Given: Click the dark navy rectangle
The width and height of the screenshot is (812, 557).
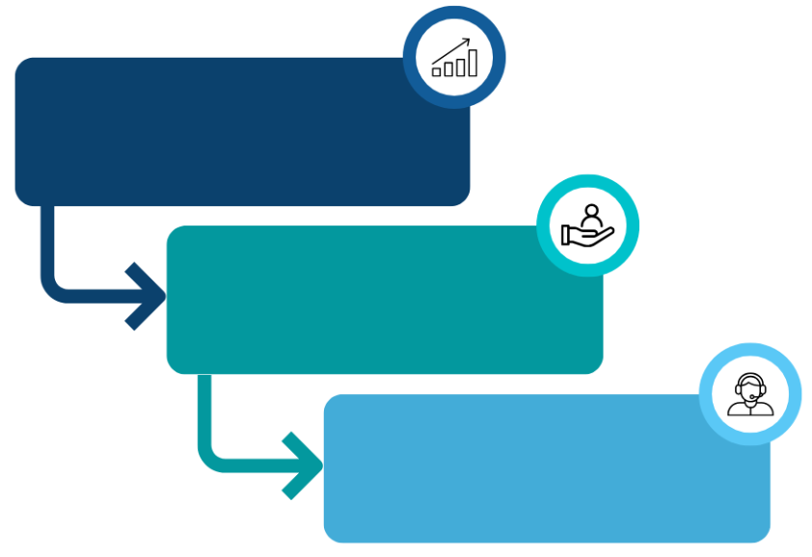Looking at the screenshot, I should click(x=222, y=135).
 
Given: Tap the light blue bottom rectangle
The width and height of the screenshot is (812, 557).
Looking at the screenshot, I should click(x=540, y=472).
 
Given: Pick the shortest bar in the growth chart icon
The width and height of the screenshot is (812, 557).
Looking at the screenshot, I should click(x=437, y=71).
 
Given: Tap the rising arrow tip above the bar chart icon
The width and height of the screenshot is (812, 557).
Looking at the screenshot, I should click(x=468, y=40).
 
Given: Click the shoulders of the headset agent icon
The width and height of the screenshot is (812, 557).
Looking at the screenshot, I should click(x=751, y=410).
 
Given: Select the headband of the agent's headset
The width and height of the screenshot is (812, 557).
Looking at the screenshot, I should click(x=751, y=377).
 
